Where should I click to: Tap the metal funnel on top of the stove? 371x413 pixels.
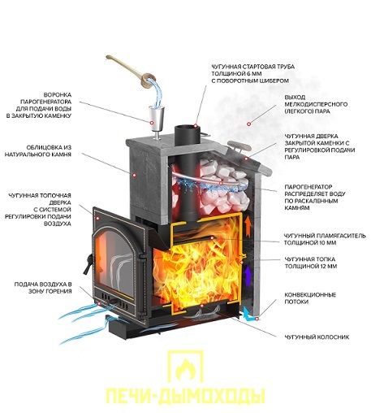tap(157, 120)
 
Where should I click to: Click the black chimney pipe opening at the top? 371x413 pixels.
tap(187, 129)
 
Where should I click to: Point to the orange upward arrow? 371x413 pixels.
tap(247, 227)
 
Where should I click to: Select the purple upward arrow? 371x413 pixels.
tap(247, 276)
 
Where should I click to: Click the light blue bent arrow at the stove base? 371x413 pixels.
tap(248, 315)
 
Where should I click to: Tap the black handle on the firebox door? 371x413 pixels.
tap(88, 264)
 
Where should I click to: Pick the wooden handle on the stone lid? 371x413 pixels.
tap(239, 146)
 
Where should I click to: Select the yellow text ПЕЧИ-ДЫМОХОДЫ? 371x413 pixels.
tap(185, 397)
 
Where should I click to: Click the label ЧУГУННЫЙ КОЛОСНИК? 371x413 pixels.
tap(317, 337)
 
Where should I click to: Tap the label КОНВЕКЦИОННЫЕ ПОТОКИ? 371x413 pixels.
tap(310, 298)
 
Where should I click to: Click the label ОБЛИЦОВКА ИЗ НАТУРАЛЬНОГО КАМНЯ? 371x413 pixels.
tap(38, 151)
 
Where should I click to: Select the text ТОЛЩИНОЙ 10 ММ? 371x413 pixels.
tap(310, 243)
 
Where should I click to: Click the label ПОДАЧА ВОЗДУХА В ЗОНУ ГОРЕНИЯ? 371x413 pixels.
tap(43, 288)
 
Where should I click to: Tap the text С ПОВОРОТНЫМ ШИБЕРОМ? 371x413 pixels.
tap(250, 80)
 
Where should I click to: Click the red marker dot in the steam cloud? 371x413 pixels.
tap(248, 124)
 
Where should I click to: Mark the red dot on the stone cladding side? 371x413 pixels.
tap(134, 175)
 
